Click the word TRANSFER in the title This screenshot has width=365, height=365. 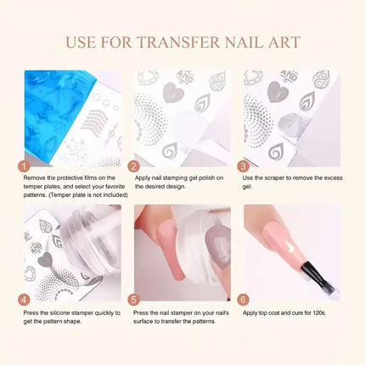coord(178,42)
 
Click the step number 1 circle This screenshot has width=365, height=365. coord(24,166)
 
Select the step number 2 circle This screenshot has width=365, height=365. coord(133,166)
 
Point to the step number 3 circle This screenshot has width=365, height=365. coord(243,166)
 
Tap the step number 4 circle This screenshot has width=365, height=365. coord(24,300)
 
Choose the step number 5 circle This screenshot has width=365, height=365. coord(133,300)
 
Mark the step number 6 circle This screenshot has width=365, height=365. coord(243,300)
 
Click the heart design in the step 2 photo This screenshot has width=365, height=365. coord(173,92)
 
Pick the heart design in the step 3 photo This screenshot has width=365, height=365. coord(278,92)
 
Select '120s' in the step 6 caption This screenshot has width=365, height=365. coord(319,313)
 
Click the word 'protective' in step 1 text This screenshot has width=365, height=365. coord(70,178)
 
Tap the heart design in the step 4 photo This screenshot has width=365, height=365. coord(45,260)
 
